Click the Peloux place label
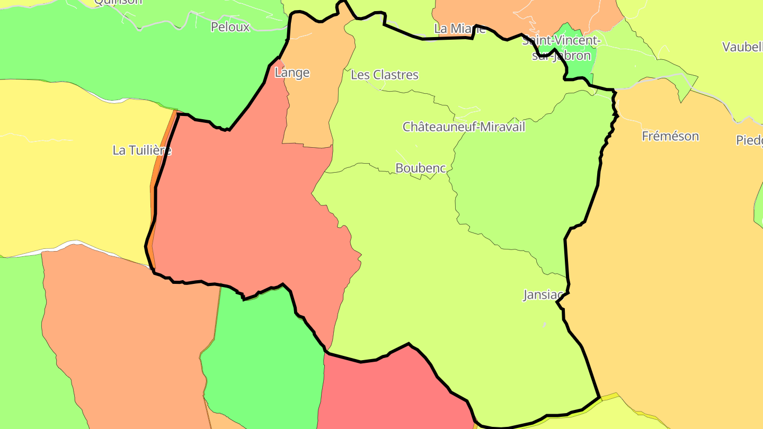coord(230,27)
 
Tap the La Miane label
coord(459,29)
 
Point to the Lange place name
coord(292,73)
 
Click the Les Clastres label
coord(385,75)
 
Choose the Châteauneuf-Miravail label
coord(464,127)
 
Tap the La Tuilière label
coord(142,150)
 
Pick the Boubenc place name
coord(421,168)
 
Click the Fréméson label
coord(670,136)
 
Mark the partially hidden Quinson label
coord(118,2)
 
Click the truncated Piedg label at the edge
coord(750,140)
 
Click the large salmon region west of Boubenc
coord(238,212)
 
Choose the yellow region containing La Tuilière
coord(74,185)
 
